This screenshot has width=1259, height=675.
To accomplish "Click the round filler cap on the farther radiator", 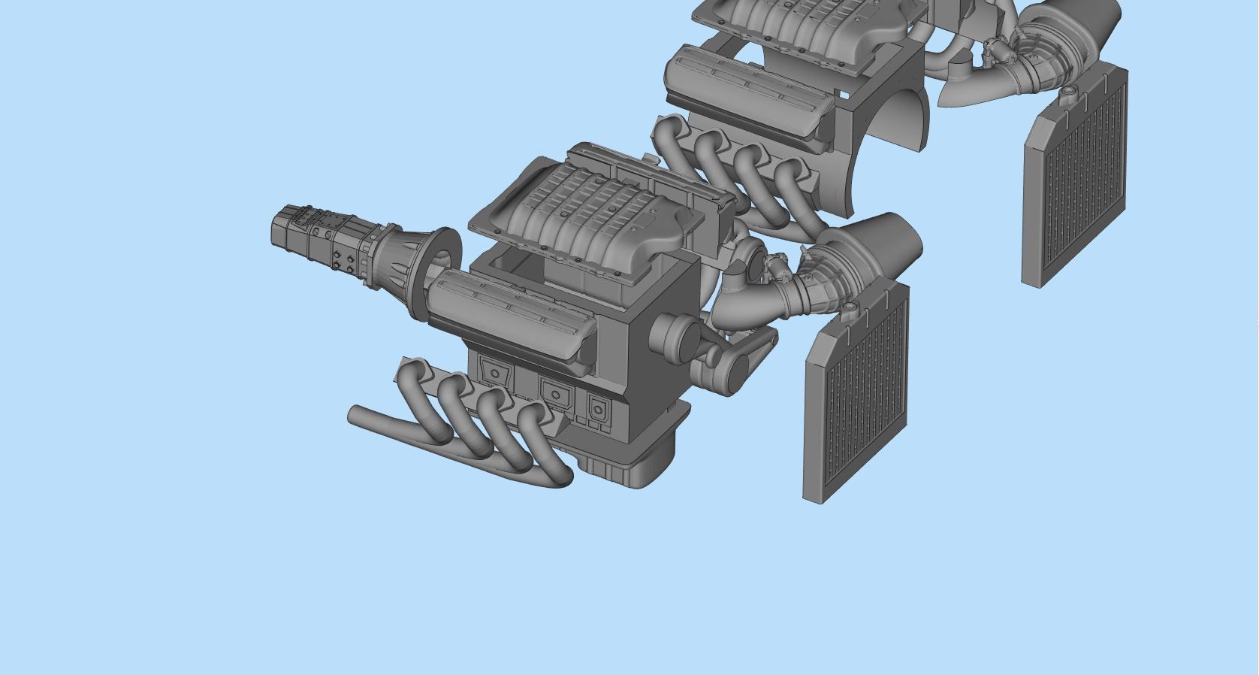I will tap(1067, 92).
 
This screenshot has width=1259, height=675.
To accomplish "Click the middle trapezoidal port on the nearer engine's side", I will tap(554, 391).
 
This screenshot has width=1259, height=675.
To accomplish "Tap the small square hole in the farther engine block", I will tap(844, 95).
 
